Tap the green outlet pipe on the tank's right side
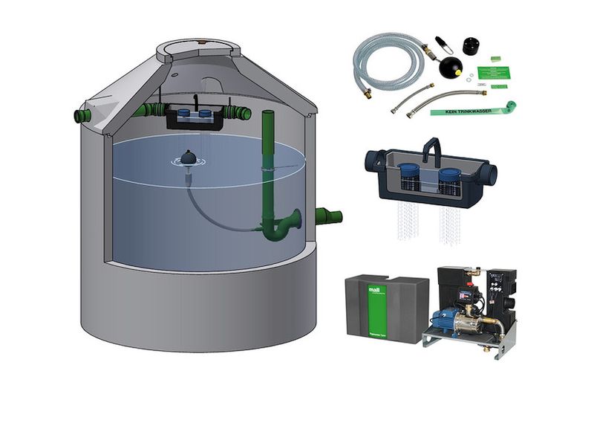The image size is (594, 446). (x=327, y=216)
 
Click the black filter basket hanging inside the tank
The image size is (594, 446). (x=193, y=117)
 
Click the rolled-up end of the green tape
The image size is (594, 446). (x=511, y=106)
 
